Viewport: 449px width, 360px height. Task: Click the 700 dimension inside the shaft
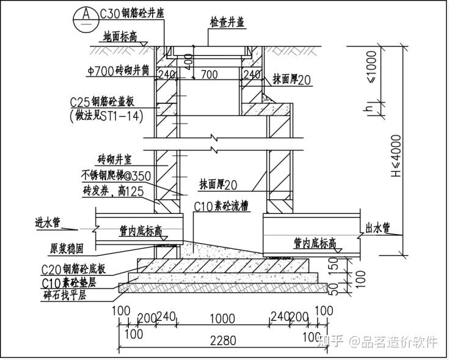(x=209, y=75)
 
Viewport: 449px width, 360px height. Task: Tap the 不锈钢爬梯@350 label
(x=115, y=176)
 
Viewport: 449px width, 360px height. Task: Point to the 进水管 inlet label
(x=47, y=223)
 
